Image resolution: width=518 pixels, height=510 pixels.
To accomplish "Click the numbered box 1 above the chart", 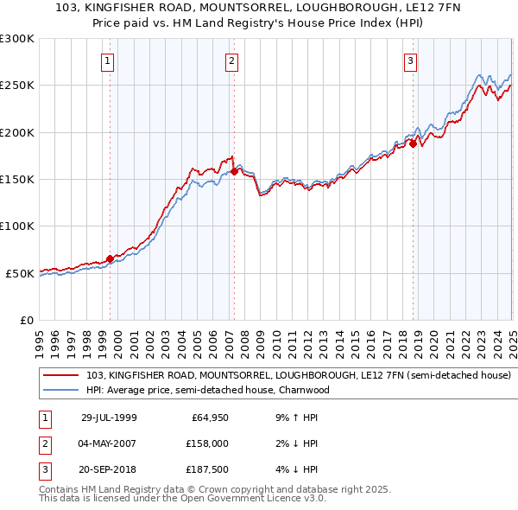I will click(x=107, y=61).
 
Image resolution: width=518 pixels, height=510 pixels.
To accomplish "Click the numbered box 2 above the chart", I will click(x=233, y=61).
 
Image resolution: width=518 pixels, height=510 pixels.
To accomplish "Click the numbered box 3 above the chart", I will click(x=410, y=61).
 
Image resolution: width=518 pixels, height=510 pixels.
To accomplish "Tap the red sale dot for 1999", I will click(x=111, y=258).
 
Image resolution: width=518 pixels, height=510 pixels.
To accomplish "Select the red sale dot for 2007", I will click(x=234, y=171).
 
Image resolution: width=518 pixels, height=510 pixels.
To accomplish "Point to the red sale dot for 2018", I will click(x=414, y=143).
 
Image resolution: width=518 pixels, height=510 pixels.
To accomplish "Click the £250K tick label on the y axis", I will click(x=17, y=86).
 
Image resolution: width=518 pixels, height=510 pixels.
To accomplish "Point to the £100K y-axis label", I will click(x=17, y=226).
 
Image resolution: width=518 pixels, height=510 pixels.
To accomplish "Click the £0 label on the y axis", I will click(x=26, y=320).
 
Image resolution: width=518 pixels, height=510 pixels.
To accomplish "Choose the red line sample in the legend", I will click(x=61, y=376).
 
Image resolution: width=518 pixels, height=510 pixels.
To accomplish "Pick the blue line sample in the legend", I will click(x=61, y=390).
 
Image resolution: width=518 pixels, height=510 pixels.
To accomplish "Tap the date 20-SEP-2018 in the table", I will click(x=109, y=470).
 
